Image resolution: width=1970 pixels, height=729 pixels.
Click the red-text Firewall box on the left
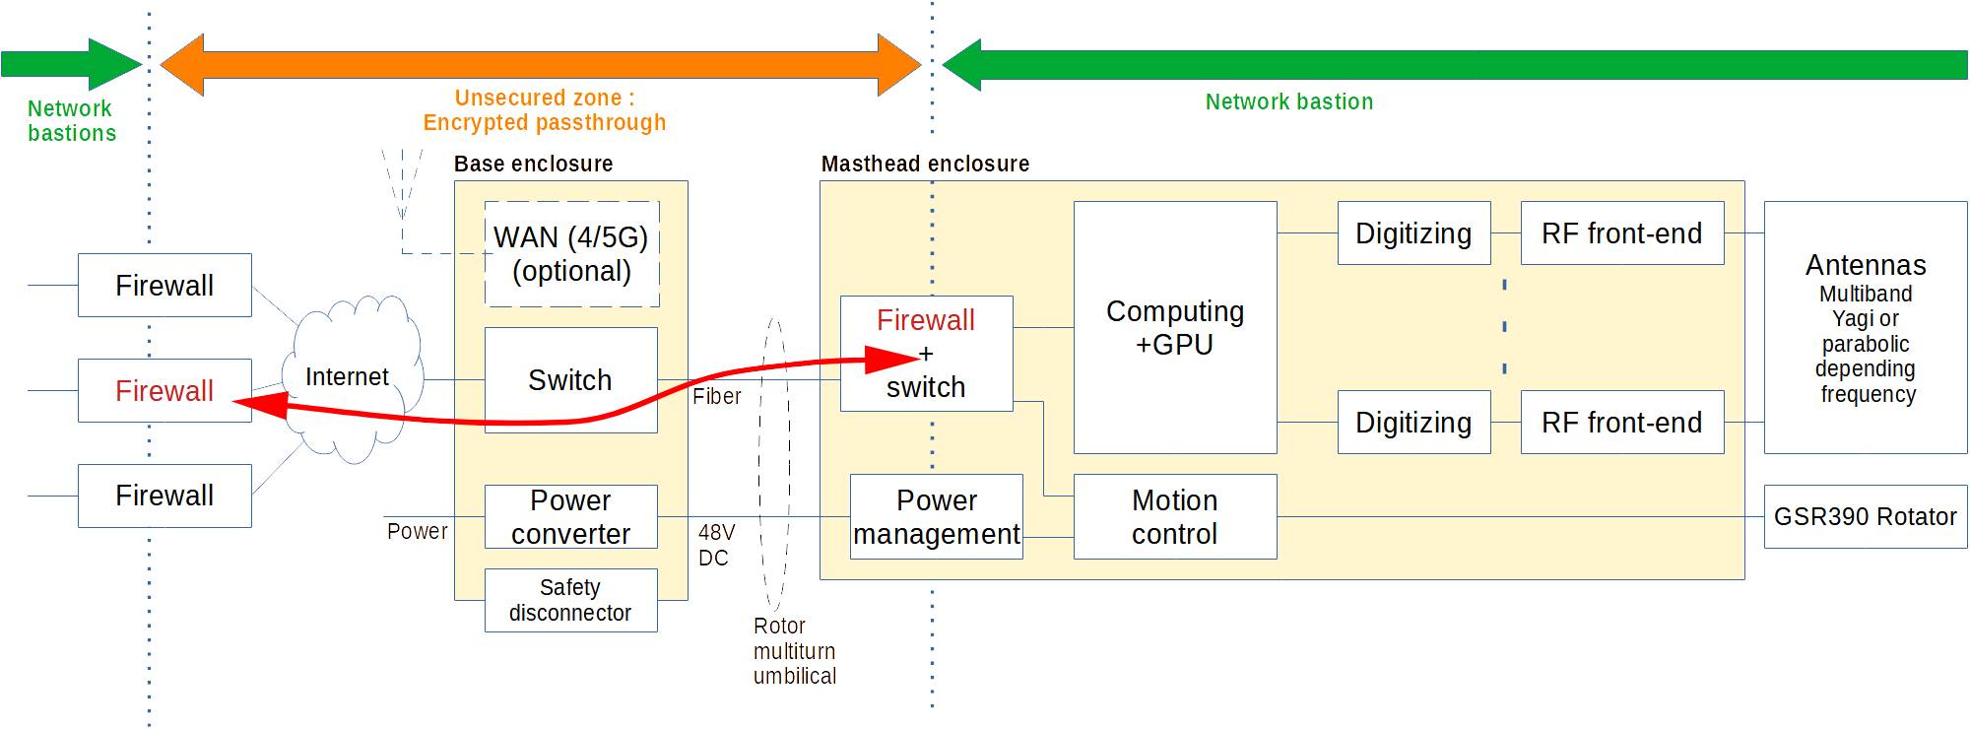[x=164, y=390]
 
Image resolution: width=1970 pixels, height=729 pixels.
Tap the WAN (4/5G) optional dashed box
[x=571, y=253]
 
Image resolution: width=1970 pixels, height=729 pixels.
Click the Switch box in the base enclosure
[x=570, y=379]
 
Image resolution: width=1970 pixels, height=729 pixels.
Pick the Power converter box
[x=570, y=516]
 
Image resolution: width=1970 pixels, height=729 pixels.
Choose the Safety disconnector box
[x=570, y=600]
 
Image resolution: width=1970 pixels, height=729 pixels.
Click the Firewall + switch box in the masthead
[x=926, y=353]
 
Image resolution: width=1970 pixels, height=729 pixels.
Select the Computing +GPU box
[x=1174, y=327]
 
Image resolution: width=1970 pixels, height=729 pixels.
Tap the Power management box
[x=936, y=516]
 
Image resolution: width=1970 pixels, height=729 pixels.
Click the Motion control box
[x=1174, y=516]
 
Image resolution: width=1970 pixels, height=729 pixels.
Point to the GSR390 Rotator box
[x=1865, y=516]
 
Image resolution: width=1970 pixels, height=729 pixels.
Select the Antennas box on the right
[x=1865, y=327]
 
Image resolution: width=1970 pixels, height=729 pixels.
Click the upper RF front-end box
[x=1621, y=233]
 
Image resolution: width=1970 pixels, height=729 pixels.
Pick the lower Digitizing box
[x=1412, y=422]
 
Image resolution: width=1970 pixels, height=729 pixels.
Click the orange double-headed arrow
[x=540, y=65]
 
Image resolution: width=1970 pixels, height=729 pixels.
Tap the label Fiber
[x=716, y=396]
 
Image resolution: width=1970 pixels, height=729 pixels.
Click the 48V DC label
[x=715, y=545]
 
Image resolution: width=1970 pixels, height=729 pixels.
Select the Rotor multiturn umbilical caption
[x=794, y=650]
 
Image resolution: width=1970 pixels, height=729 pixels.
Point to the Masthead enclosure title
[x=925, y=164]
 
